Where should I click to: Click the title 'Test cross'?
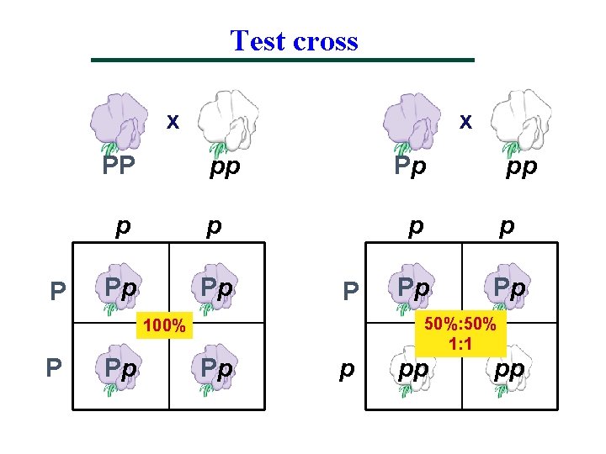[294, 40]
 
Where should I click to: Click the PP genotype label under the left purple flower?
[119, 166]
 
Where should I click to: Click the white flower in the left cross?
[225, 119]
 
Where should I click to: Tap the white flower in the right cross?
[517, 119]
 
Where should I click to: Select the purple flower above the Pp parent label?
[412, 119]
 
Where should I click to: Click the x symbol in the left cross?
[172, 121]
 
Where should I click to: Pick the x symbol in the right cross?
[464, 121]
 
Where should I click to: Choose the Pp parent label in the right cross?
[411, 166]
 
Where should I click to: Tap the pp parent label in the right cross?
[521, 166]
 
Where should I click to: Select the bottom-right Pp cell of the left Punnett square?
[216, 368]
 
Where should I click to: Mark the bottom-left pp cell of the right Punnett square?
[413, 368]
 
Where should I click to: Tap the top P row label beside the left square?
[58, 291]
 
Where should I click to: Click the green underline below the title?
[283, 60]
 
